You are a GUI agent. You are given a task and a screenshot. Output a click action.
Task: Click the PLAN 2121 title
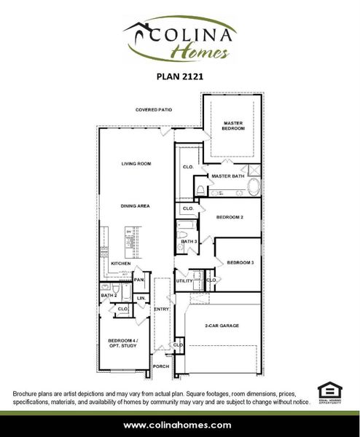click(179, 74)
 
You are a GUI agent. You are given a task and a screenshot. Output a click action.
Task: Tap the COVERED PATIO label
click(153, 110)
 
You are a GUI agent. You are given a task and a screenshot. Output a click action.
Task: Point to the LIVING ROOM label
click(136, 164)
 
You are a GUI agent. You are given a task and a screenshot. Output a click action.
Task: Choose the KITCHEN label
click(120, 263)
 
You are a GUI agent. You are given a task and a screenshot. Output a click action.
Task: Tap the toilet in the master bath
click(200, 191)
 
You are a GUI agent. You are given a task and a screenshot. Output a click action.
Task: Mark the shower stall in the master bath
click(254, 170)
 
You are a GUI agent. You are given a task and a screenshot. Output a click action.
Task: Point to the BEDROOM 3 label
click(240, 262)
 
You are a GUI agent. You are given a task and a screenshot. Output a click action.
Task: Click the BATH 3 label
click(189, 241)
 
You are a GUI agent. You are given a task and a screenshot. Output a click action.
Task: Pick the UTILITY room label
click(183, 280)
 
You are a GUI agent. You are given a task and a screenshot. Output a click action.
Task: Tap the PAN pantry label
click(138, 280)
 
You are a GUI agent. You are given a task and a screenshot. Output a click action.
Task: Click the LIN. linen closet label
click(141, 298)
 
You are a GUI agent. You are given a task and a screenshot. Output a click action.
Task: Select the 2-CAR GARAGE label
click(222, 326)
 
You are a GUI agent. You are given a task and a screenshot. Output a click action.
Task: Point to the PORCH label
click(160, 368)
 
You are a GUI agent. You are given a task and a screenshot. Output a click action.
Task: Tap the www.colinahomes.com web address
click(179, 425)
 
